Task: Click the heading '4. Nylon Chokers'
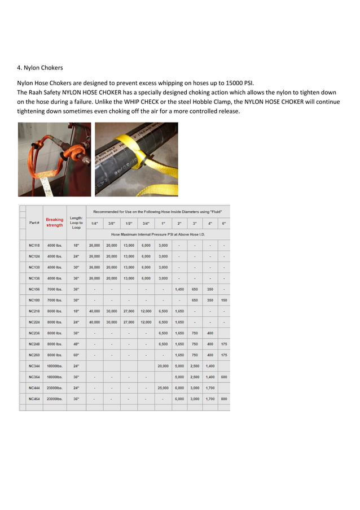(40, 68)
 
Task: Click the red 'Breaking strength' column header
(55, 223)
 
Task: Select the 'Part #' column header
(34, 223)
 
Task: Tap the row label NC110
(34, 246)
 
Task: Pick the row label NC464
(34, 399)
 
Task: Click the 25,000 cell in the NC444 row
(163, 388)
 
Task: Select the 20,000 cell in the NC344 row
(163, 366)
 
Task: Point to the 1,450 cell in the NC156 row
(179, 289)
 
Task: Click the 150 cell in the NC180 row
(224, 300)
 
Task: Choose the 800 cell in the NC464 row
(224, 399)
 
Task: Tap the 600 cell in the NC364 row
(224, 377)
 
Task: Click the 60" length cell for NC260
(76, 355)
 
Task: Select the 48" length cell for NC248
(76, 344)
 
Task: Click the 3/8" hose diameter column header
(111, 224)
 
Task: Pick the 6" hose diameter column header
(224, 224)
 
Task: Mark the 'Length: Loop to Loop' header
(76, 223)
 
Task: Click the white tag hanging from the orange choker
(47, 184)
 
